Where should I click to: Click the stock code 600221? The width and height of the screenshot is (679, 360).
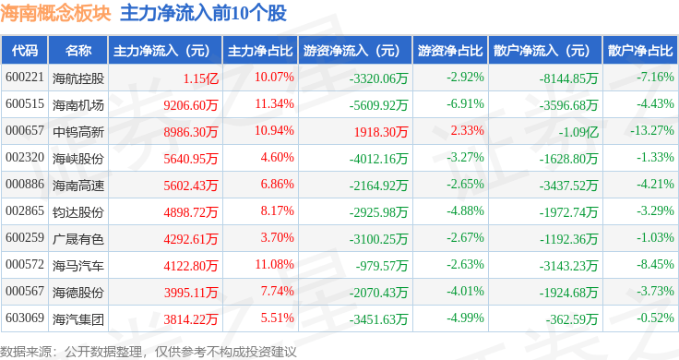tap(25, 77)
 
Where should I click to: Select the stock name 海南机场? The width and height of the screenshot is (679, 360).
tap(78, 104)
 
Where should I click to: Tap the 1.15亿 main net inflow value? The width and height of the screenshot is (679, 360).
tap(200, 77)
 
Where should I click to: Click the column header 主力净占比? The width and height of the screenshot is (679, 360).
tap(260, 50)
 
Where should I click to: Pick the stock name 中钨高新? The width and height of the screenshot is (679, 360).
tap(78, 131)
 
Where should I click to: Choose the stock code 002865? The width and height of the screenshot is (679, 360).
tap(25, 211)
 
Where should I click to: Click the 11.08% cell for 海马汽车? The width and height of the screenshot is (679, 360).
tap(273, 265)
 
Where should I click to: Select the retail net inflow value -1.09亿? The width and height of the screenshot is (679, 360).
tap(579, 131)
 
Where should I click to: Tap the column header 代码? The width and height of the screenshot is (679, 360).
tap(25, 50)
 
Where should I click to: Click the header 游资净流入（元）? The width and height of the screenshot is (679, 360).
tap(352, 50)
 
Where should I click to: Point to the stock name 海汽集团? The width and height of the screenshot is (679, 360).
tap(78, 319)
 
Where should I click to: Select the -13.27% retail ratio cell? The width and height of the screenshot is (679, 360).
tap(649, 131)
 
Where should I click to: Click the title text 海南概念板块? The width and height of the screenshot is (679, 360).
tap(55, 13)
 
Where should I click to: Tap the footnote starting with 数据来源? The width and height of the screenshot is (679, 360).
tap(148, 351)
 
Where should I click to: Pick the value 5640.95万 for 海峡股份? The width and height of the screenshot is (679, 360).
tap(190, 158)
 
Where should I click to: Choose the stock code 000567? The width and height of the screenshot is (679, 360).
tap(25, 292)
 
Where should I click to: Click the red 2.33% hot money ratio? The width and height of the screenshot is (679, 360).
tap(466, 131)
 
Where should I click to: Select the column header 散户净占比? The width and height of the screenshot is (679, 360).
tap(640, 50)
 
